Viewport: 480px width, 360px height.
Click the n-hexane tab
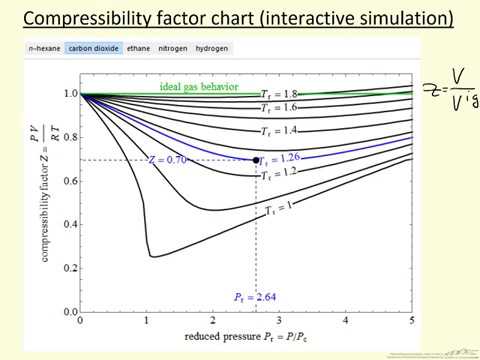coord(45,48)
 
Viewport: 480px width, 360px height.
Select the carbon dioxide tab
coord(93,48)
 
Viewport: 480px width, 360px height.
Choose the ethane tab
coord(142,48)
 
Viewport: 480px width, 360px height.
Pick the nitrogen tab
coord(181,48)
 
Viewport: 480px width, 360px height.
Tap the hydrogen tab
coord(225,48)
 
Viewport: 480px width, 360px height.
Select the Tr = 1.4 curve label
coord(281,131)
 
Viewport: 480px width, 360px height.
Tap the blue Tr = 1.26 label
coord(286,157)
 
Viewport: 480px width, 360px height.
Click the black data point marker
coord(257,160)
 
